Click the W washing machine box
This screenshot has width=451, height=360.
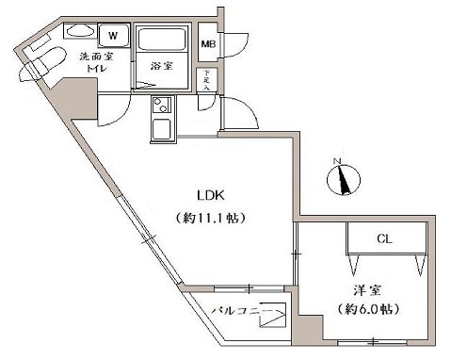click(x=112, y=36)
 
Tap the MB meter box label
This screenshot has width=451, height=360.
click(x=208, y=43)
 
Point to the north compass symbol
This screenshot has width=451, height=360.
click(x=344, y=176)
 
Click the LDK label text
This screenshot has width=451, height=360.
click(x=210, y=196)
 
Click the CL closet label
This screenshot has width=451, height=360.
click(x=384, y=239)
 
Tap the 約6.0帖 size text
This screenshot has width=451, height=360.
click(x=365, y=309)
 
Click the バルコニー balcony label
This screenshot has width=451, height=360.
click(x=243, y=310)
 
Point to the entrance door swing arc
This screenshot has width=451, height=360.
click(x=243, y=118)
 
